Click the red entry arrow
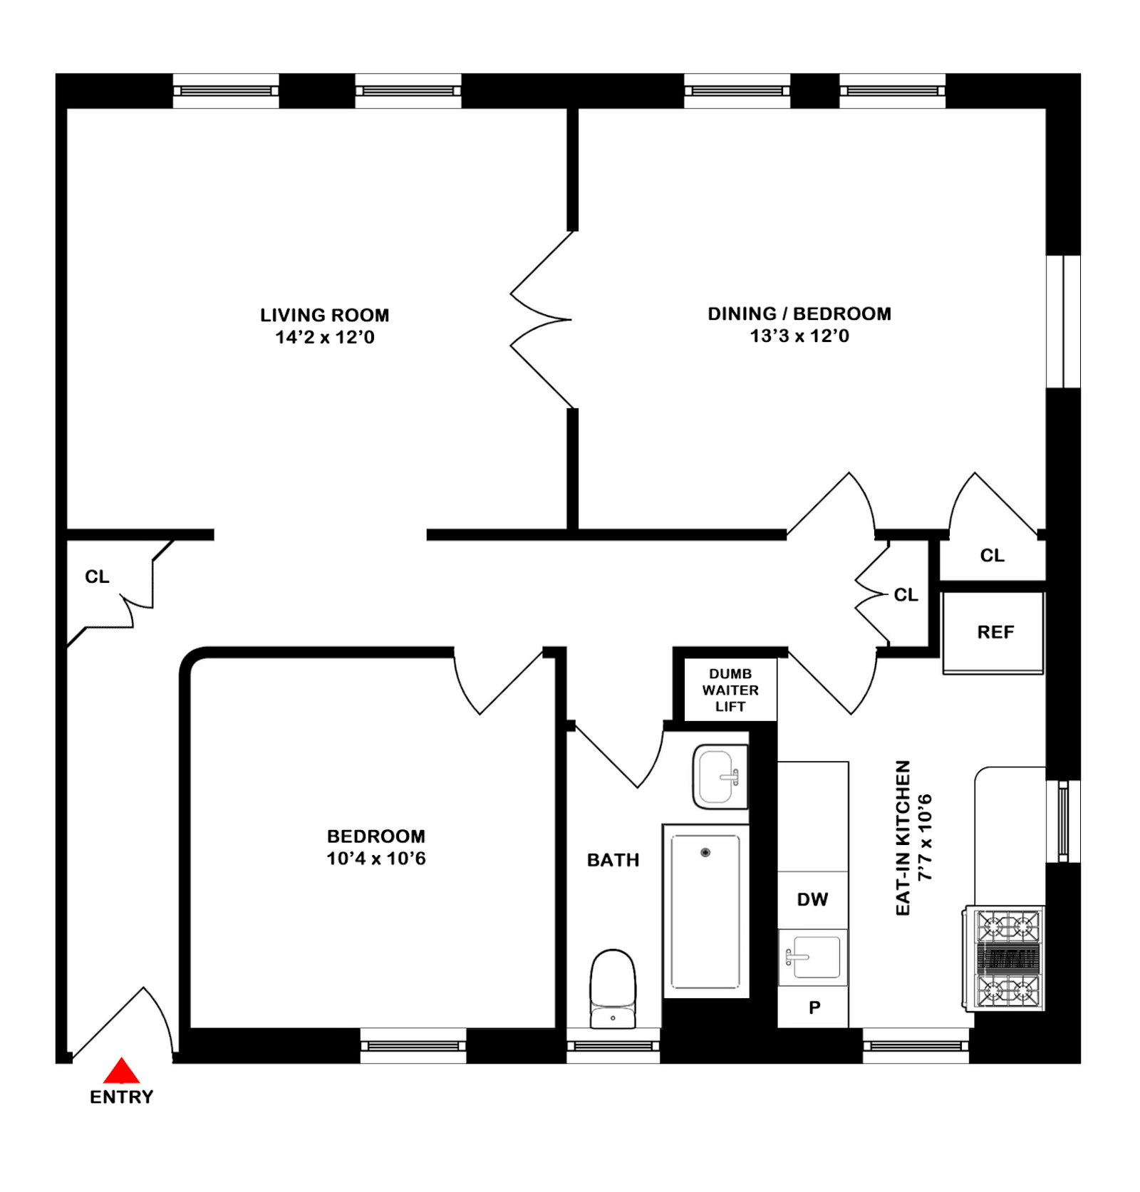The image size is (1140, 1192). point(122,1070)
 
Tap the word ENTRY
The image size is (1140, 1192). point(122,1097)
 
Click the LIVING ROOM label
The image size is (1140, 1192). point(325,315)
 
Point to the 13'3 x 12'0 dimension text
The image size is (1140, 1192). point(799,336)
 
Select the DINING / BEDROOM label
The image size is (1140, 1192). point(799,313)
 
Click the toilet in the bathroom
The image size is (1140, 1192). point(613,989)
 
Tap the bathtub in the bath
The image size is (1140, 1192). point(705,911)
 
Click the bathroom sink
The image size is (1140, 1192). point(720,777)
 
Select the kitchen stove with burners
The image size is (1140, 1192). point(1004,958)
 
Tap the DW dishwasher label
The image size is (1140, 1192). point(812,899)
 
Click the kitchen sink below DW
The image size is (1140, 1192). point(813,957)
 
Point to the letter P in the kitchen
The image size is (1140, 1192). point(814,1007)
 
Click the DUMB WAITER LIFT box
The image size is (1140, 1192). point(730,690)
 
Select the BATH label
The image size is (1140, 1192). point(613,860)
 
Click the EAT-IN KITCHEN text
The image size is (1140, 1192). point(903,838)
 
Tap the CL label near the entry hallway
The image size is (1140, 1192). point(97,576)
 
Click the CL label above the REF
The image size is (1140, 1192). point(993,555)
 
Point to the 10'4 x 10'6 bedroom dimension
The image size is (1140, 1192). point(376,859)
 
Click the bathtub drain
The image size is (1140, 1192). point(705,852)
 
